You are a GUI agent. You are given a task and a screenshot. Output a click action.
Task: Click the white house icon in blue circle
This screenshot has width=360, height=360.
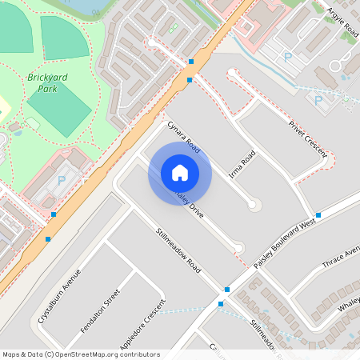pos(180,173)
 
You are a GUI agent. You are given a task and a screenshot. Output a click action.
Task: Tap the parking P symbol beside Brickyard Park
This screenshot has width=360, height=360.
pos(62,181)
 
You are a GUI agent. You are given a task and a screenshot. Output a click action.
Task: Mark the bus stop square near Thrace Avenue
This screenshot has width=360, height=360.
pos(318,215)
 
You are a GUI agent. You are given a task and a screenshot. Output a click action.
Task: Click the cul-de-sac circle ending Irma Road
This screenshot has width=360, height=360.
pos(254,205)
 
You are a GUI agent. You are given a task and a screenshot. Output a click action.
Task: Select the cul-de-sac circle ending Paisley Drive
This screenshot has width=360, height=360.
pos(239,248)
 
